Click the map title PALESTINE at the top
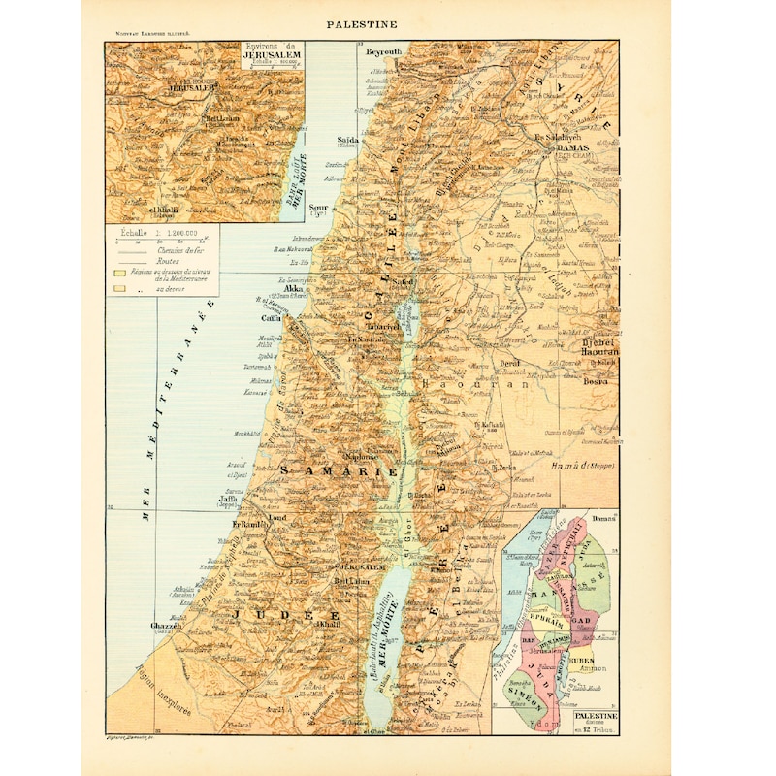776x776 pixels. point(360,24)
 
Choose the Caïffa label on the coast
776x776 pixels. point(270,318)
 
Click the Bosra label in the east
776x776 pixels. point(594,382)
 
